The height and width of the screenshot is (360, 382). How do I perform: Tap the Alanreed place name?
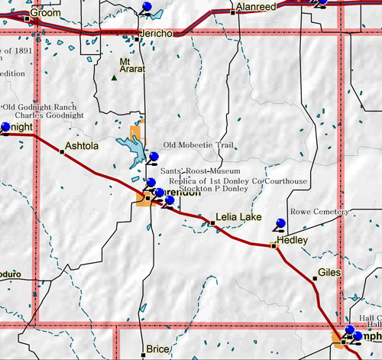pos(255,6)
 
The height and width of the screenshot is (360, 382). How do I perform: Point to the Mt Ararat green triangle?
pos(114,77)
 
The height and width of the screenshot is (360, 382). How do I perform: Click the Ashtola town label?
pos(83,144)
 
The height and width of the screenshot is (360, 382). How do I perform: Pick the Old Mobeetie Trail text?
pos(196,145)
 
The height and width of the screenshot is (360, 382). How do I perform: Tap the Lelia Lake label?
pos(238,218)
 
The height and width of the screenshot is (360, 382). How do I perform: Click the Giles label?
pos(329,271)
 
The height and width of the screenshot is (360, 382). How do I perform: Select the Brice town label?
pos(157,349)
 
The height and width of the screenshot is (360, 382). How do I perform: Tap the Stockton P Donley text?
pos(200,188)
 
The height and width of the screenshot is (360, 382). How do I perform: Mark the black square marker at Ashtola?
pos(62,151)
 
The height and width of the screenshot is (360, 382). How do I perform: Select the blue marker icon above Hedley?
pos(280,223)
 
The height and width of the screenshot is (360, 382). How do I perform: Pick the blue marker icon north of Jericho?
pos(147,8)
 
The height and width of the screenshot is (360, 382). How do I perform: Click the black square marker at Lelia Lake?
pos(212,222)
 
